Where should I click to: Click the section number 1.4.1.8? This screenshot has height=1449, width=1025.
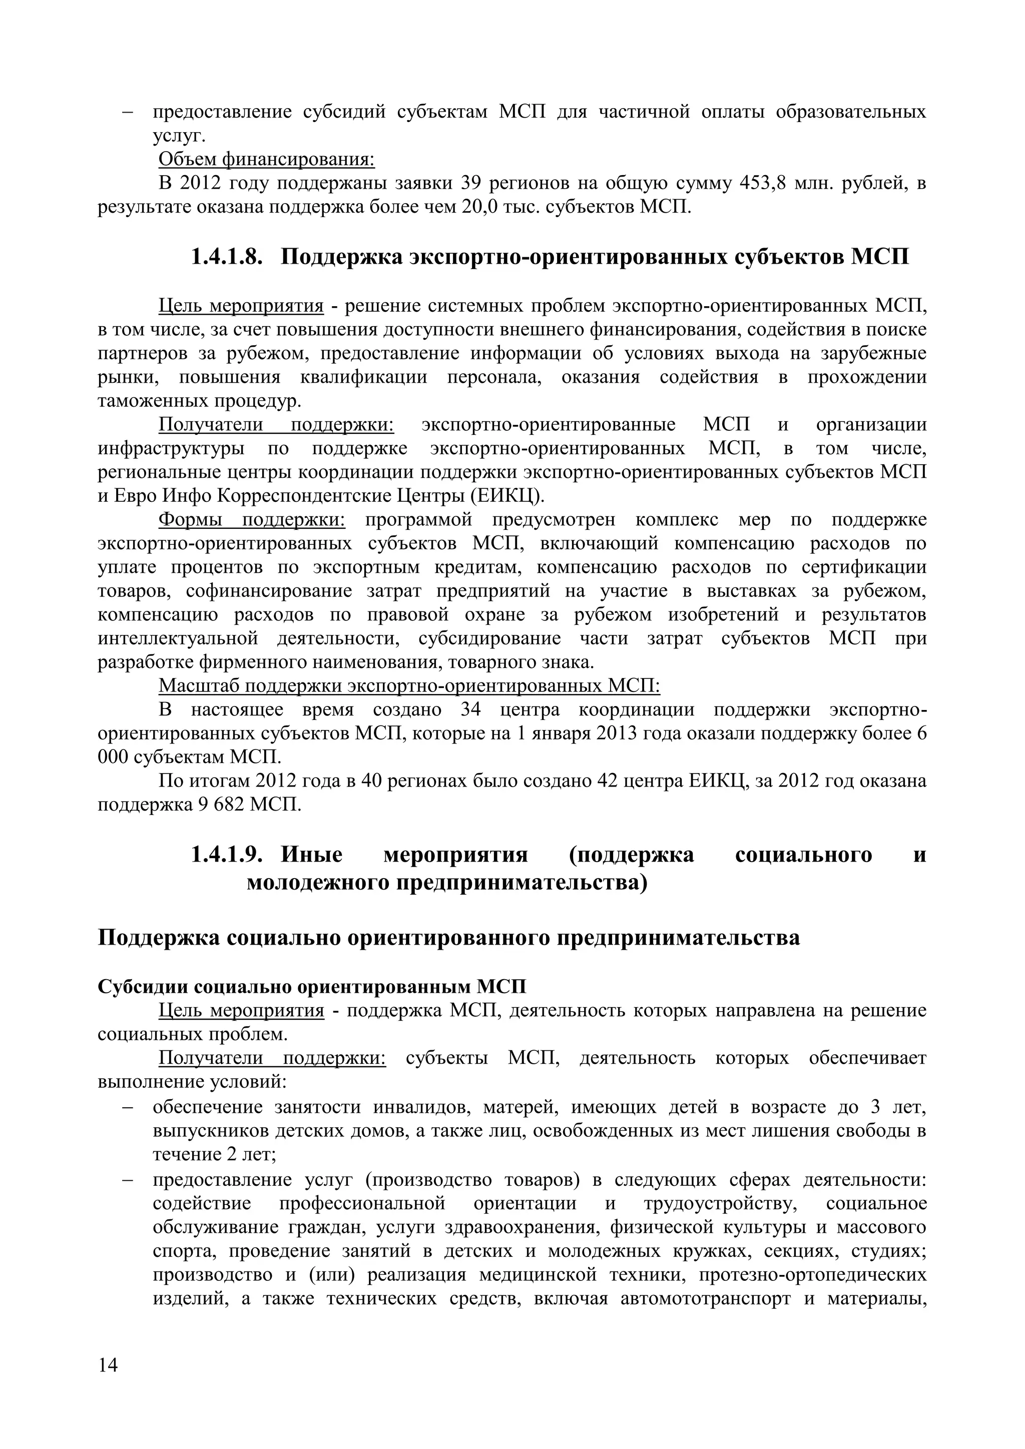click(x=226, y=258)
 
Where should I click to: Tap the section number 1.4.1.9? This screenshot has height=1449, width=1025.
click(x=226, y=855)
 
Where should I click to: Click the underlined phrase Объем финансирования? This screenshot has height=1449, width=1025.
click(x=266, y=160)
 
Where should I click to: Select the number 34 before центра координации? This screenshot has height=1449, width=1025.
click(x=471, y=710)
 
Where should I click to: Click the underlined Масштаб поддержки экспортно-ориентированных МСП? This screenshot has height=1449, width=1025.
click(x=409, y=686)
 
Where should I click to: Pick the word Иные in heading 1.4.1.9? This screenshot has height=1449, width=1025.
click(x=311, y=855)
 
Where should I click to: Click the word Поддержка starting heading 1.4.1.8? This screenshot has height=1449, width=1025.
click(x=341, y=258)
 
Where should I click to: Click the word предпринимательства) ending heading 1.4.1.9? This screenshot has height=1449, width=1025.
click(x=522, y=883)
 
